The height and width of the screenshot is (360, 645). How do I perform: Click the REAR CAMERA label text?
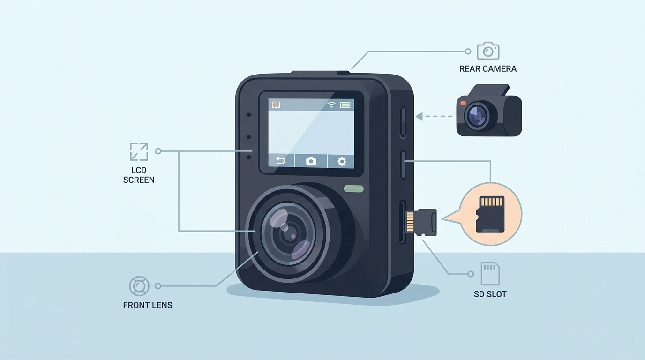pos(487,69)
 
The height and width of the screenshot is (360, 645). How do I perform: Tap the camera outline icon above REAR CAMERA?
pos(488,51)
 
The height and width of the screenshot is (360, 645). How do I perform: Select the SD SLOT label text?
pos(490,294)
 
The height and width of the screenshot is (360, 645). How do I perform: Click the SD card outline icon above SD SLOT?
pos(490,273)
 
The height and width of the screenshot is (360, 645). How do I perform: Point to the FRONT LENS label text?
pos(147,305)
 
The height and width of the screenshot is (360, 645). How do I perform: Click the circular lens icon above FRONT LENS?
pos(139,285)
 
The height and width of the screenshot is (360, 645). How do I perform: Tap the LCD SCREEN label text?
pos(139,175)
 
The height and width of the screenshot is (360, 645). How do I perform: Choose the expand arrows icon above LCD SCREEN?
pos(139,151)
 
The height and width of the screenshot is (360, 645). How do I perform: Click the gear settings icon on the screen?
pos(342,161)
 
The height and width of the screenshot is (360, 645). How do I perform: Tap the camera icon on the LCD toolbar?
pos(311,161)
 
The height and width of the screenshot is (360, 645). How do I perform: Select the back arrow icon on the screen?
pos(280,161)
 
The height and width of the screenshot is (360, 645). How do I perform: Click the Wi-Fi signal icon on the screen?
pos(331,105)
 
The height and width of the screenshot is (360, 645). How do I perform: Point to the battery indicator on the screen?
pos(345,105)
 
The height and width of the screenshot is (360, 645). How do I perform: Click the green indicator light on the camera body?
pos(353,189)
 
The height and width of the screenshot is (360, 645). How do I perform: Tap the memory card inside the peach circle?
pos(490,214)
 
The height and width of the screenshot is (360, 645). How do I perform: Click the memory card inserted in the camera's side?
pos(421,222)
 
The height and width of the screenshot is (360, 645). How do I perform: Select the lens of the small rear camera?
pos(478,115)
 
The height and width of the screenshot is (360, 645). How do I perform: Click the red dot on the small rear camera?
pos(463,103)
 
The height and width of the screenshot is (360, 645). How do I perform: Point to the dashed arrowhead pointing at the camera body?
pos(419,116)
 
